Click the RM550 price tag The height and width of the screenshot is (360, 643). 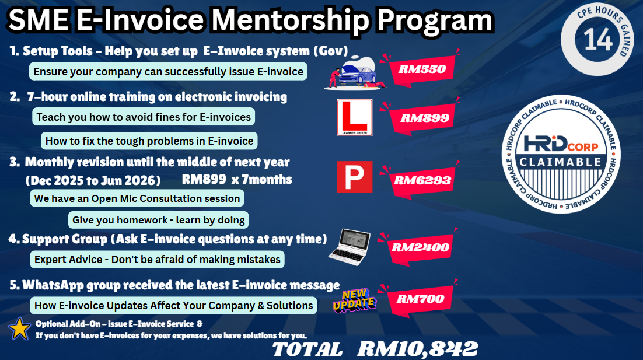click(x=420, y=69)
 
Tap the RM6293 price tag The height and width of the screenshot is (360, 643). click(x=420, y=180)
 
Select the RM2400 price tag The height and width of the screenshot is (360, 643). click(x=418, y=247)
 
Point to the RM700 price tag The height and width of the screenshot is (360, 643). click(x=418, y=299)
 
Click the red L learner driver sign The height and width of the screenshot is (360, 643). click(x=354, y=117)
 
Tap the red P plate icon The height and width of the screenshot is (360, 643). click(x=354, y=177)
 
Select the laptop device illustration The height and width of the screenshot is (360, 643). click(x=350, y=247)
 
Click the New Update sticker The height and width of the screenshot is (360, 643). click(x=354, y=300)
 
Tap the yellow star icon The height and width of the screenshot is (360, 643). click(x=19, y=329)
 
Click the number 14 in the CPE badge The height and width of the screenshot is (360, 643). click(x=598, y=40)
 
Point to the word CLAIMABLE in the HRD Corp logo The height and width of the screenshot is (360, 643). click(x=561, y=162)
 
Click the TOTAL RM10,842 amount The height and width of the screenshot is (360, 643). click(x=375, y=349)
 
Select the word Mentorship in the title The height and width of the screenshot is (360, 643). click(x=291, y=20)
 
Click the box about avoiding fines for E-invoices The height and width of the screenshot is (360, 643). click(x=144, y=117)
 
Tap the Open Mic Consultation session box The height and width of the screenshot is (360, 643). click(x=137, y=198)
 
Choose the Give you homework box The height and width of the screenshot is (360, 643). click(x=158, y=220)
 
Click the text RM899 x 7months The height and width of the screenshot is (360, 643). click(x=237, y=179)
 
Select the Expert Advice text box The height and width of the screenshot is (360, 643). click(x=157, y=260)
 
